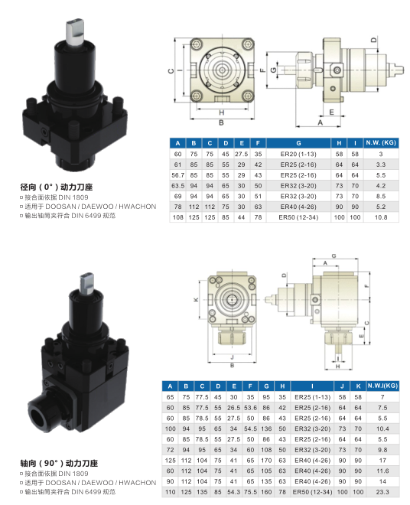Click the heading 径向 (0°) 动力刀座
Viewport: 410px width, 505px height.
click(x=57, y=187)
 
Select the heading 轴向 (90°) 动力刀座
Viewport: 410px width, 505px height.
click(x=59, y=463)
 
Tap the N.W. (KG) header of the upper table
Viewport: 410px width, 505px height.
click(x=381, y=142)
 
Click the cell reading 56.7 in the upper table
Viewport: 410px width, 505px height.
click(x=177, y=175)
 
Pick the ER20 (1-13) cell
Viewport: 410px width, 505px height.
click(x=298, y=154)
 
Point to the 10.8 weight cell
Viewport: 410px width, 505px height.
click(x=381, y=217)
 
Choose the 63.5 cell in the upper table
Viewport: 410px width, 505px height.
click(x=177, y=186)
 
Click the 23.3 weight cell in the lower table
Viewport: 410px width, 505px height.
click(x=382, y=492)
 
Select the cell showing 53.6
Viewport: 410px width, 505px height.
click(x=250, y=408)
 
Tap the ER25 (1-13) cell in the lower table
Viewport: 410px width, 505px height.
click(x=312, y=397)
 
